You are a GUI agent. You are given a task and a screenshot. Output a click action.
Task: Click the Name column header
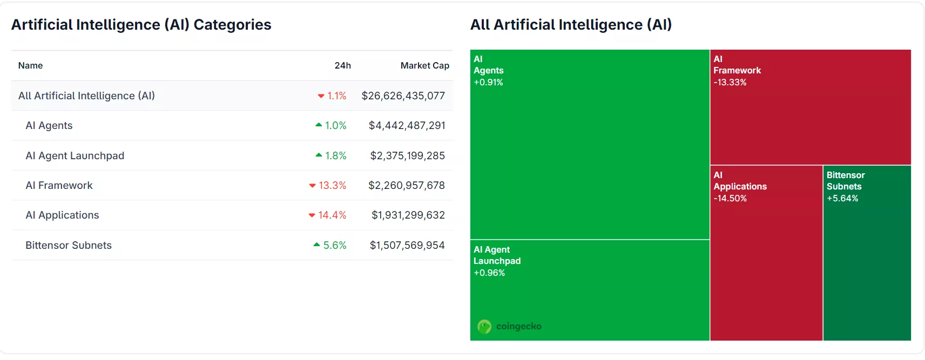[30, 65]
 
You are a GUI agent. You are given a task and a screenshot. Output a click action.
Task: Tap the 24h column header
[342, 65]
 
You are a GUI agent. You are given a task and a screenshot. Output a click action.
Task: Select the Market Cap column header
[424, 65]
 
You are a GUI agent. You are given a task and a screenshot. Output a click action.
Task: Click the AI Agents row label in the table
[49, 125]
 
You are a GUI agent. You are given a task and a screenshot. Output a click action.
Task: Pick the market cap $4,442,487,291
[407, 125]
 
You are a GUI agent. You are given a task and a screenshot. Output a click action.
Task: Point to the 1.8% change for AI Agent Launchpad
[335, 155]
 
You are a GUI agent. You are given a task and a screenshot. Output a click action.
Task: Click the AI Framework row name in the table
[59, 185]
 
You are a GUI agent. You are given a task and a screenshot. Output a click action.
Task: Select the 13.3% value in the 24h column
[332, 185]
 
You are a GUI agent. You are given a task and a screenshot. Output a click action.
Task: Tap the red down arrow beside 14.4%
[312, 215]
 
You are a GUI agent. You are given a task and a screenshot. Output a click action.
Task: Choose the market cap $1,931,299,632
[408, 215]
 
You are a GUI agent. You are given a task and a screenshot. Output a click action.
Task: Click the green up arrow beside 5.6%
[317, 245]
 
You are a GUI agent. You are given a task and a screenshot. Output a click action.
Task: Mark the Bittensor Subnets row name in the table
[69, 245]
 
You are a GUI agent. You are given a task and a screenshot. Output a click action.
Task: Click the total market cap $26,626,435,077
[403, 96]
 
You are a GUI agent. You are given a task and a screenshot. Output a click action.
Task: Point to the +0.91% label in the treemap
[488, 82]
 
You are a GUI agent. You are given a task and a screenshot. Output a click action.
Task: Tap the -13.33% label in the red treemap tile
[730, 82]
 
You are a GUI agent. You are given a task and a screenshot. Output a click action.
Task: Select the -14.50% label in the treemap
[730, 198]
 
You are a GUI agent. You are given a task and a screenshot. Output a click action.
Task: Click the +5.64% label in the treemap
[842, 198]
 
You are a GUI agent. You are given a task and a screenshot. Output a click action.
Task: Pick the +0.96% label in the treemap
[489, 273]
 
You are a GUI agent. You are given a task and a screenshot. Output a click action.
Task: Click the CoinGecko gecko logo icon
[484, 327]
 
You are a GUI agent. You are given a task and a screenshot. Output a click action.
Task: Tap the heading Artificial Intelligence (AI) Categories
[141, 25]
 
